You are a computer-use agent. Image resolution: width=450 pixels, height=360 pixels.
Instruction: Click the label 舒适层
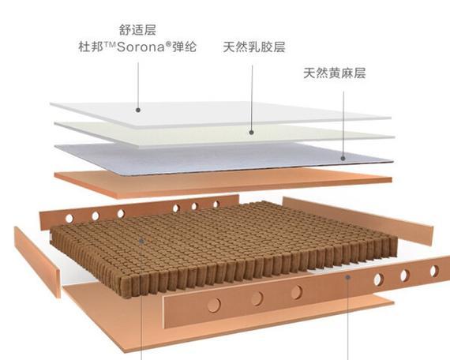[137, 30]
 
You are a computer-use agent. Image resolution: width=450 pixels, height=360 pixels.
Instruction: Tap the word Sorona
[141, 47]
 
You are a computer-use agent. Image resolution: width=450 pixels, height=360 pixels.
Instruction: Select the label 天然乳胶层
[254, 47]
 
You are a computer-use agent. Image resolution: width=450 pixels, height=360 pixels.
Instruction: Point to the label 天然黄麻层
[335, 73]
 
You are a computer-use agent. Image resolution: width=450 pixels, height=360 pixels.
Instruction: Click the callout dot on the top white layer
[138, 110]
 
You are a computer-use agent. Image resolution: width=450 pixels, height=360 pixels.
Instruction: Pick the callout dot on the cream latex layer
[251, 133]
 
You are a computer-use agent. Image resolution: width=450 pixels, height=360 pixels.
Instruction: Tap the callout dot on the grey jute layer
[343, 158]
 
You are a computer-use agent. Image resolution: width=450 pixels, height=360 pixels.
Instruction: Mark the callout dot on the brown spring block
[141, 241]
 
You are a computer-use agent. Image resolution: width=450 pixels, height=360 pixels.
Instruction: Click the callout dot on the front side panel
[348, 277]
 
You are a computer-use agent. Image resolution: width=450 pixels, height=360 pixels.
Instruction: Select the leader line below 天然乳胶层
[252, 98]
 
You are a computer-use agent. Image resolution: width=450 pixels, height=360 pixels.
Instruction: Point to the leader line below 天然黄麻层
[343, 124]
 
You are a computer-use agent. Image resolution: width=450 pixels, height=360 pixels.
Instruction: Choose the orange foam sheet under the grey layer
[223, 182]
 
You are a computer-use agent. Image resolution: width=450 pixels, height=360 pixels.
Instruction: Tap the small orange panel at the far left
[37, 261]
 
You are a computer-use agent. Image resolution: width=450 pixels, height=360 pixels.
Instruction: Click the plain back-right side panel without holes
[358, 219]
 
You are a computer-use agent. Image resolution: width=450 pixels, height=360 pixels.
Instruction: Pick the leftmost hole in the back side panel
[69, 219]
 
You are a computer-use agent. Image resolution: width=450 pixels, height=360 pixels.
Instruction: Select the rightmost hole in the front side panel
[434, 271]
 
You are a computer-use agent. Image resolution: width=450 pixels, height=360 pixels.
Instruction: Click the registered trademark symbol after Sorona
[168, 44]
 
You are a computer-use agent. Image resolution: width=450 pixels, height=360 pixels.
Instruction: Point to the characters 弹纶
[184, 47]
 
